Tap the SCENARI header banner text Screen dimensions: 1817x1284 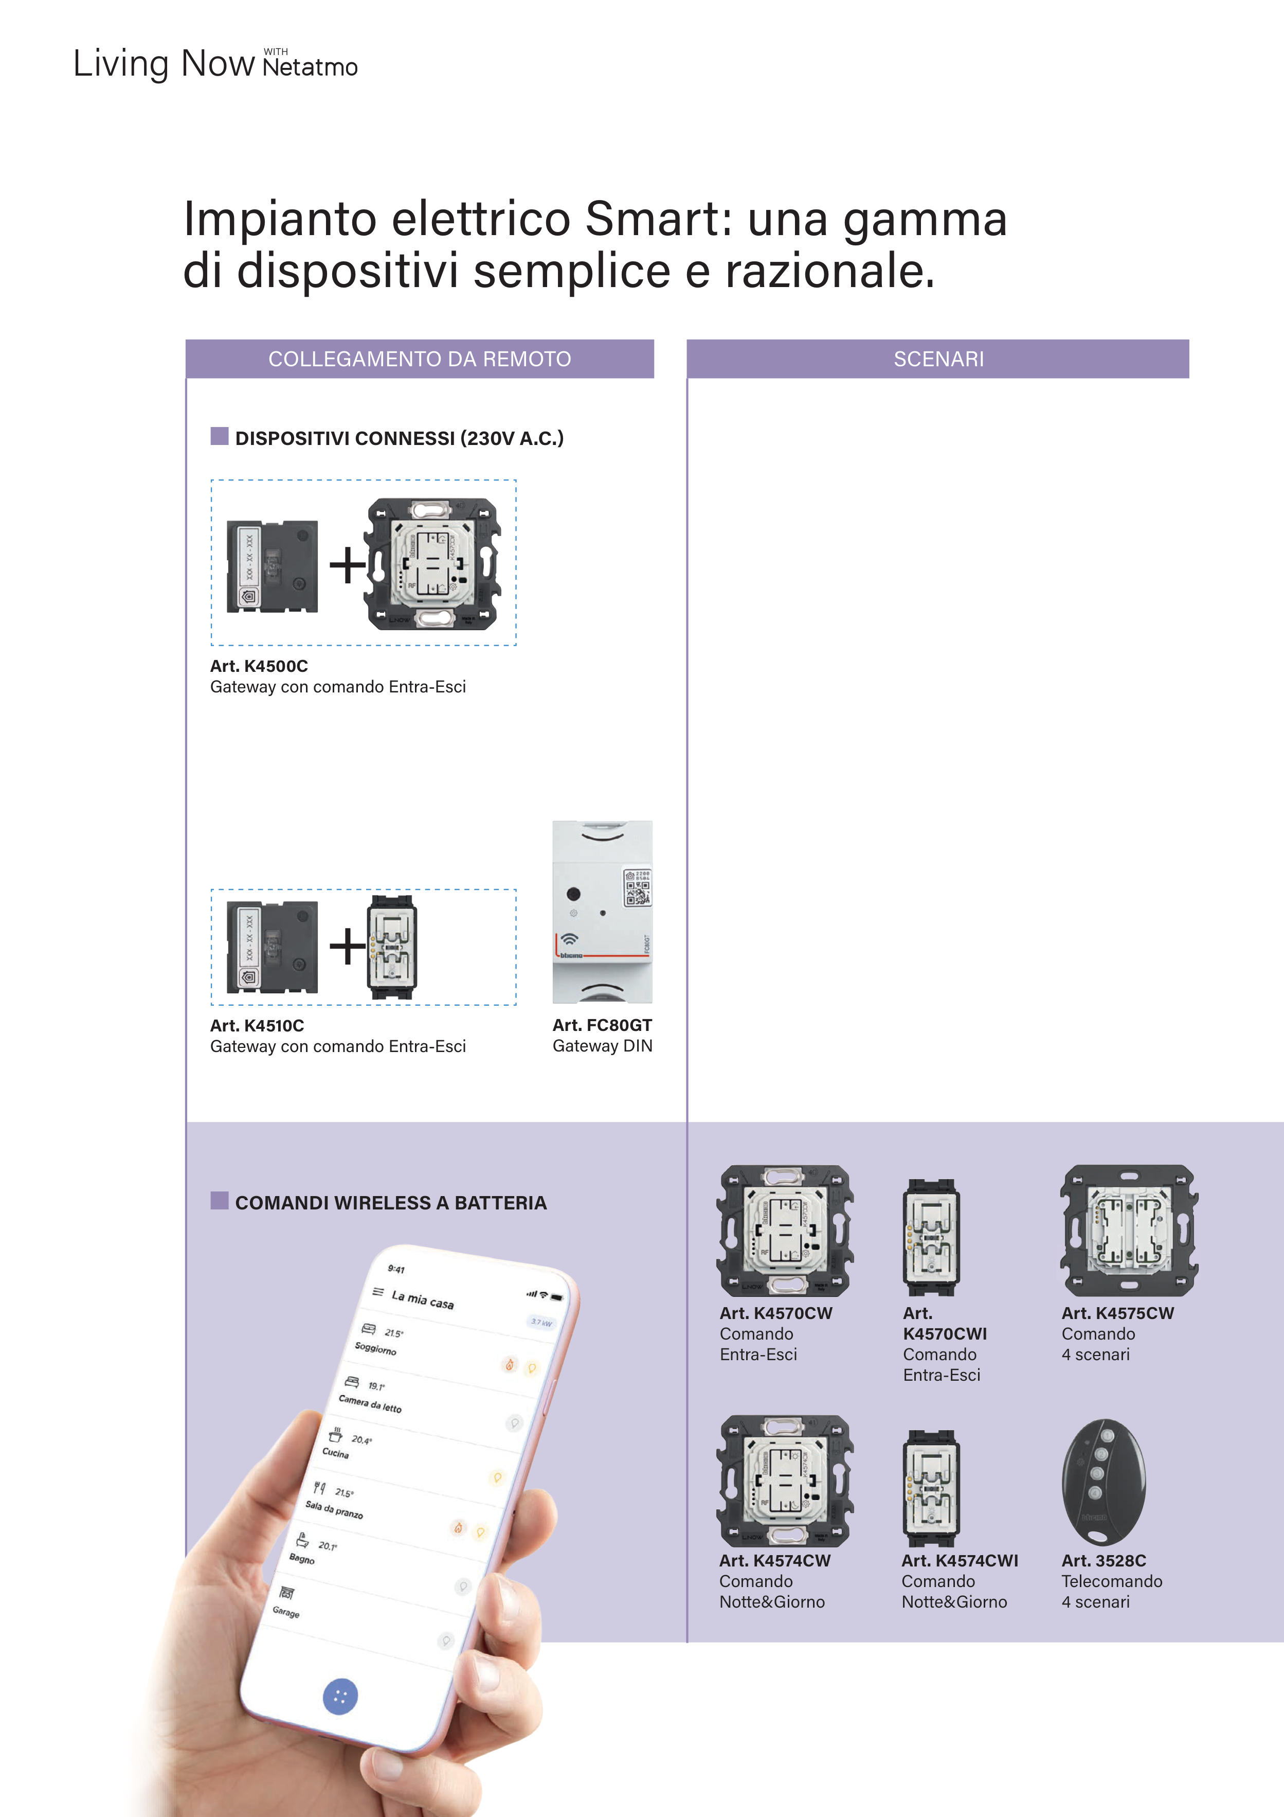938,359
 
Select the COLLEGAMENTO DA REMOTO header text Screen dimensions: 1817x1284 419,359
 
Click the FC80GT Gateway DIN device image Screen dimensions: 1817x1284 602,912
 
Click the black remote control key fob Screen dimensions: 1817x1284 1103,1482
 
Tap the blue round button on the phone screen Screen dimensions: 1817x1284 340,1696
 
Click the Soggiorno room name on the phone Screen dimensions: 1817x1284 375,1348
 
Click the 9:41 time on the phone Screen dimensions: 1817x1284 396,1269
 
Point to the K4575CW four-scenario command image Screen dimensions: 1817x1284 1129,1230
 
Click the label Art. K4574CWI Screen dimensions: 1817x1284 960,1561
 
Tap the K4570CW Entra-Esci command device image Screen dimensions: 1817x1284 784,1230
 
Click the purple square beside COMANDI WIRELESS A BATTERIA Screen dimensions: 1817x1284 219,1201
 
